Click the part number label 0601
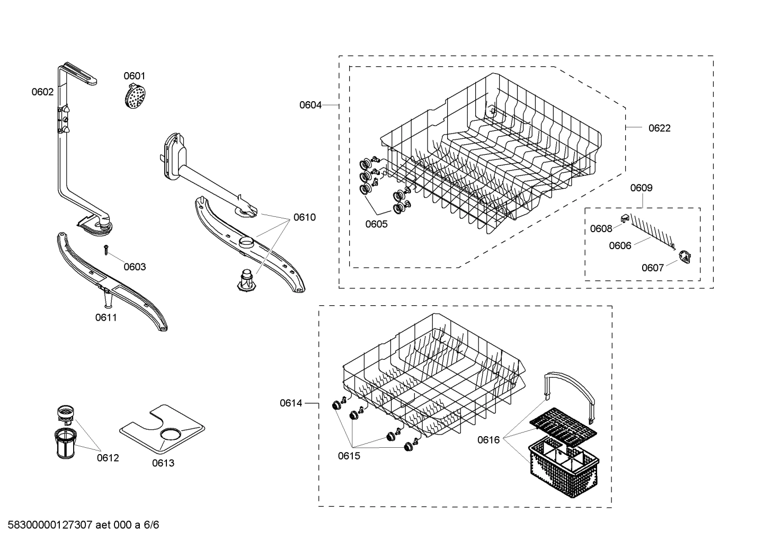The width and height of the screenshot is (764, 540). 135,76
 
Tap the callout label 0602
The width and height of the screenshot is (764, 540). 42,92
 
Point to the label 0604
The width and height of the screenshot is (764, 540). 310,105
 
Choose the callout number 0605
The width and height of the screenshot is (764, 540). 376,224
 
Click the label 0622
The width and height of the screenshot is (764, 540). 659,128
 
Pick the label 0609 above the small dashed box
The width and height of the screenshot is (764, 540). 641,188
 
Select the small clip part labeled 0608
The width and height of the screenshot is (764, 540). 624,218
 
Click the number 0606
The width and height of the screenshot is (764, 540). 620,245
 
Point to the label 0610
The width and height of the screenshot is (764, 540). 304,217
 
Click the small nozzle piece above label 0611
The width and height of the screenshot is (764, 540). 108,300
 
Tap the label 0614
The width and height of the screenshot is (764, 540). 291,403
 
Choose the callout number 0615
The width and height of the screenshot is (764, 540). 349,456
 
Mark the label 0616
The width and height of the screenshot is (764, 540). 488,440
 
